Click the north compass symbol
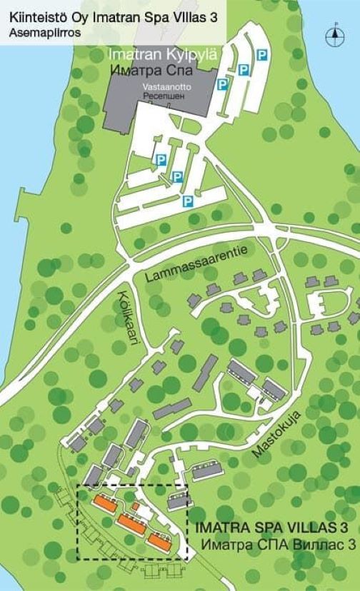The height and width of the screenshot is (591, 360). pos(334,32)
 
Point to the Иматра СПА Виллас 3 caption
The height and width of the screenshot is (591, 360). pos(278,545)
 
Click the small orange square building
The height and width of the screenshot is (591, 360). pos(135,507)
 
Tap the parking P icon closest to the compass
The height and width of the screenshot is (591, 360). pos(263,54)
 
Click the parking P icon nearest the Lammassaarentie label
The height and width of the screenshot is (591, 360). pos(187,202)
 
